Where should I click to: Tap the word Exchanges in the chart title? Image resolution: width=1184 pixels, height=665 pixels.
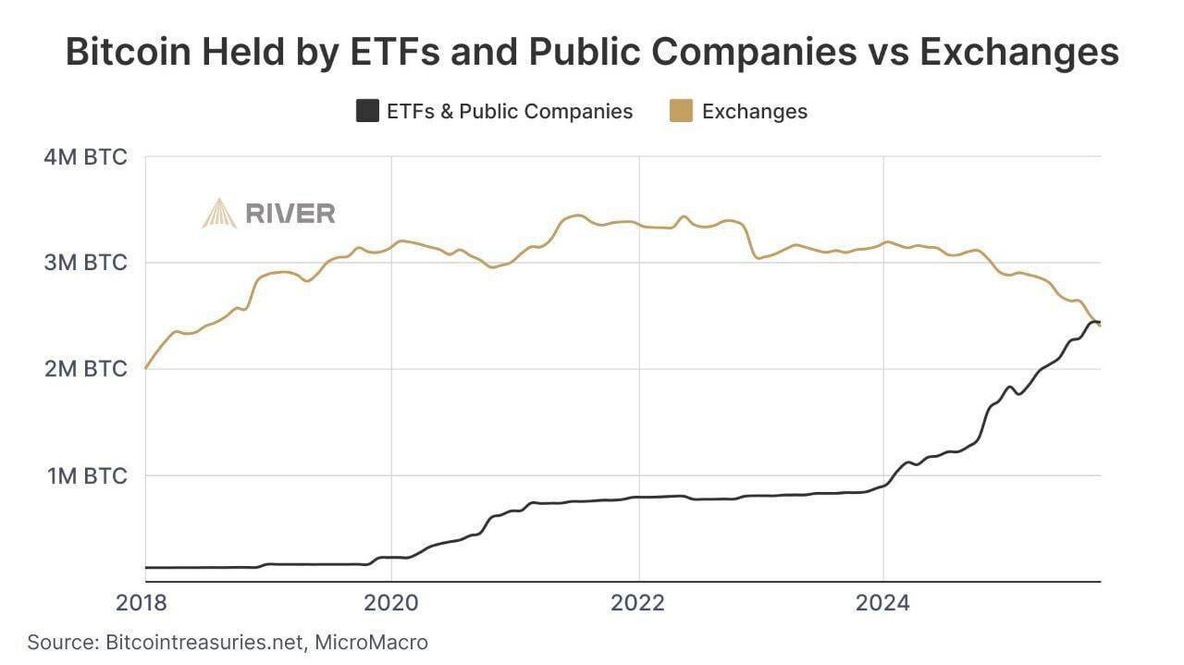click(1018, 53)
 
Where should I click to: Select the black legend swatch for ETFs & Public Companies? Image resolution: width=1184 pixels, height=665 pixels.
click(367, 112)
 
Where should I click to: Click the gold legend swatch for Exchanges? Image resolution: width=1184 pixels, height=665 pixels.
click(680, 112)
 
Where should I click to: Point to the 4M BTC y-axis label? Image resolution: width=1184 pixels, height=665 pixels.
click(85, 156)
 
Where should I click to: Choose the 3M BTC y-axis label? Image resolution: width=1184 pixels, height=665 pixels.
click(85, 263)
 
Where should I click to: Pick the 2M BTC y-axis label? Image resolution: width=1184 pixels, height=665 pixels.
click(85, 369)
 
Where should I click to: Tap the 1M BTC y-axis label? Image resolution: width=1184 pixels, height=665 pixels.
click(85, 475)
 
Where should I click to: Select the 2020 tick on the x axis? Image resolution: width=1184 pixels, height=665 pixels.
click(390, 603)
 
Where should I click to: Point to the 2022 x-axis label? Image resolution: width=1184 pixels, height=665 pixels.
click(638, 603)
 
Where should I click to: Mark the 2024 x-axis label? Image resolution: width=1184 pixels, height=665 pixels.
click(884, 603)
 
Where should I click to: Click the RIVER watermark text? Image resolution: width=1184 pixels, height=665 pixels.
click(290, 214)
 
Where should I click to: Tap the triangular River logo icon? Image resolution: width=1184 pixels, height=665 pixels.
click(219, 214)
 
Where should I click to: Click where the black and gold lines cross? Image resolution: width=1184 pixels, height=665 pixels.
click(1093, 321)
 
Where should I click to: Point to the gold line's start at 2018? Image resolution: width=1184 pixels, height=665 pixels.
click(146, 367)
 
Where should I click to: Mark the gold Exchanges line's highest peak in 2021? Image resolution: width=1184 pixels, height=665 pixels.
click(575, 216)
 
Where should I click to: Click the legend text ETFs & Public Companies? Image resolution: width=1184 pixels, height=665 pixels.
click(510, 112)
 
